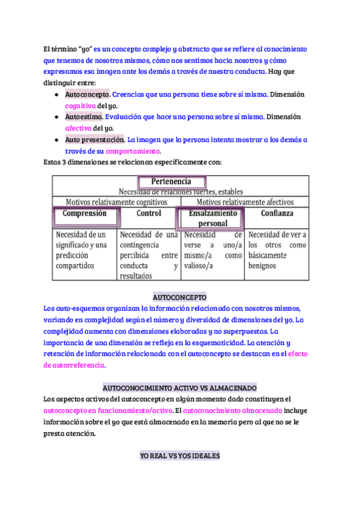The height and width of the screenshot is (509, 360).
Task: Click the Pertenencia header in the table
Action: click(172, 181)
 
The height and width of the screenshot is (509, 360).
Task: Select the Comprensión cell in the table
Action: click(85, 214)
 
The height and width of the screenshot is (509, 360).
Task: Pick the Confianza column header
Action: click(277, 213)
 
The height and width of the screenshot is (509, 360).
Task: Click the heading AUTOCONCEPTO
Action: click(180, 297)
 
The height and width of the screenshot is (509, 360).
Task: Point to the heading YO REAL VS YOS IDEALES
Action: click(180, 456)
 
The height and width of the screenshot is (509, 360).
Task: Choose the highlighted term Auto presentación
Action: click(94, 140)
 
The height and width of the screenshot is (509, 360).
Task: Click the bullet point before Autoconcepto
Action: click(56, 95)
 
